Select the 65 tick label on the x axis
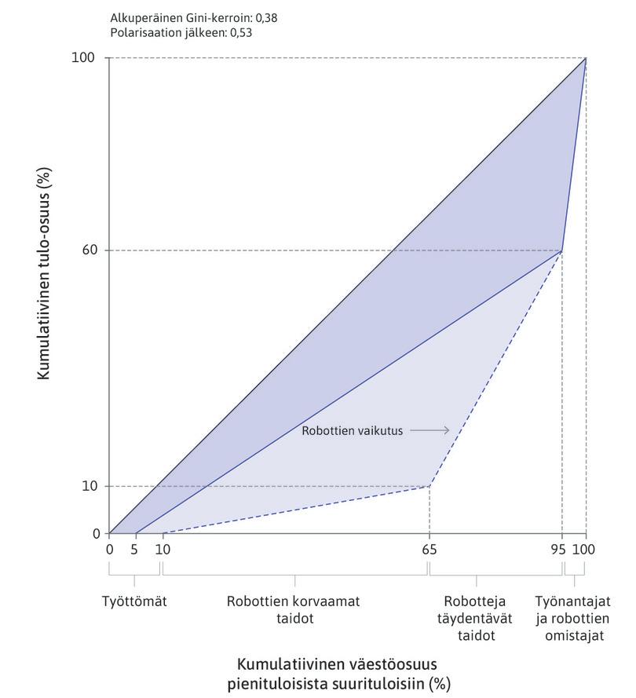429,550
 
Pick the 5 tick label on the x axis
135,550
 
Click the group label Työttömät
134,601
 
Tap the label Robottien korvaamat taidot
294,610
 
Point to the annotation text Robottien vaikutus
352,430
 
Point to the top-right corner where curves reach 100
586,58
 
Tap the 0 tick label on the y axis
96,534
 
